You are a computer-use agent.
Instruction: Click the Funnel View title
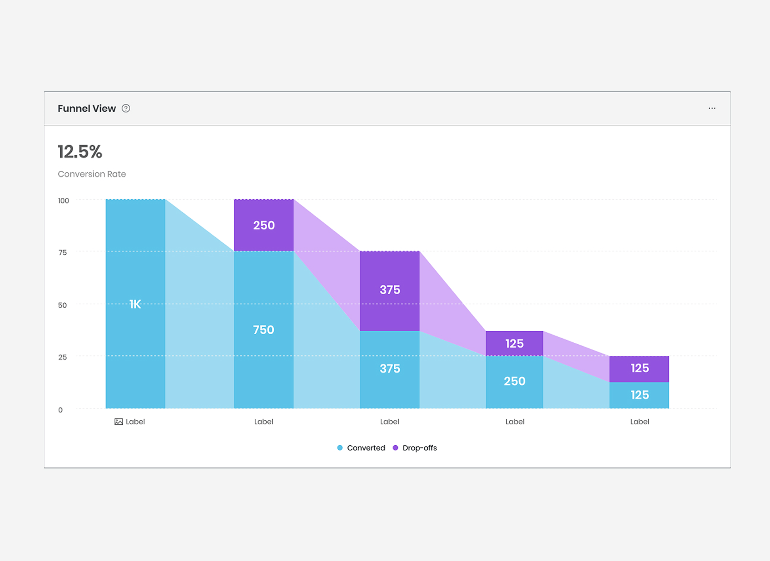pos(87,109)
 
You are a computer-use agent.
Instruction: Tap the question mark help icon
pos(126,109)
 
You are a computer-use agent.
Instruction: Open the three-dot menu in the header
pos(712,108)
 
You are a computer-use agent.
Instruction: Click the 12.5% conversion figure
pos(80,152)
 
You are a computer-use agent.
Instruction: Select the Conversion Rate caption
pos(92,174)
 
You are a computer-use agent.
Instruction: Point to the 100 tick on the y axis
pos(63,200)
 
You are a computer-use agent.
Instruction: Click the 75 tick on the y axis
pos(63,252)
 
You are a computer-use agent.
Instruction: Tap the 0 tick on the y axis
pos(60,410)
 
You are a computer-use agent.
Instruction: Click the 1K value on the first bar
pos(135,304)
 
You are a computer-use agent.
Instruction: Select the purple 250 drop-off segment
pos(264,225)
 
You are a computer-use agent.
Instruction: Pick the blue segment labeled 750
pos(264,330)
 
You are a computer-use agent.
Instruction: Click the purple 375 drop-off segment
pos(390,290)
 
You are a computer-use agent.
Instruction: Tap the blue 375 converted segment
pos(390,369)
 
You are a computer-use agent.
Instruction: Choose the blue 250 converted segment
pos(515,381)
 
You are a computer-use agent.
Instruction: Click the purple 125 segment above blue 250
pos(515,343)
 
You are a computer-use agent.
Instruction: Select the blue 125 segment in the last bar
pos(639,395)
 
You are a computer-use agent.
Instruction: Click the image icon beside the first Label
pos(118,422)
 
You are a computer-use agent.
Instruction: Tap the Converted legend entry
pos(361,448)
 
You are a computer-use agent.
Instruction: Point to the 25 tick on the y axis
pos(63,357)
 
